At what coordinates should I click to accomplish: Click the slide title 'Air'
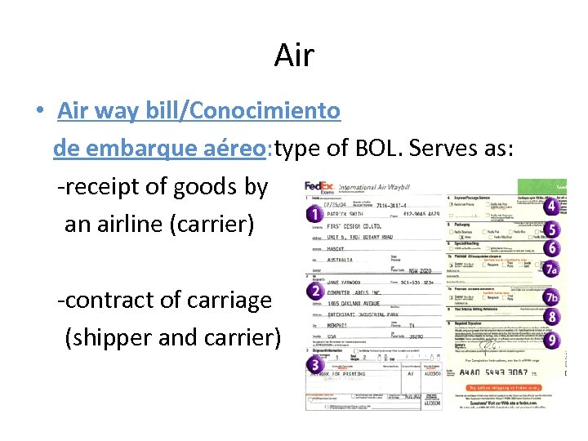tap(294, 56)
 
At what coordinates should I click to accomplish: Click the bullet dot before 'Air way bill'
tap(40, 111)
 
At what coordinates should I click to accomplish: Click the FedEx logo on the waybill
tap(319, 187)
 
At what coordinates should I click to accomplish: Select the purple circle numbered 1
tap(313, 214)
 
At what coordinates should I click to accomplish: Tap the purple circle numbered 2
tap(313, 290)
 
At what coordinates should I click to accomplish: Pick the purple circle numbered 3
tap(313, 363)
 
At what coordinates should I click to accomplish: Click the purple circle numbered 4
tap(552, 207)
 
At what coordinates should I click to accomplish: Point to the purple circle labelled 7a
tap(553, 268)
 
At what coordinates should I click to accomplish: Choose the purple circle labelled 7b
tap(553, 297)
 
